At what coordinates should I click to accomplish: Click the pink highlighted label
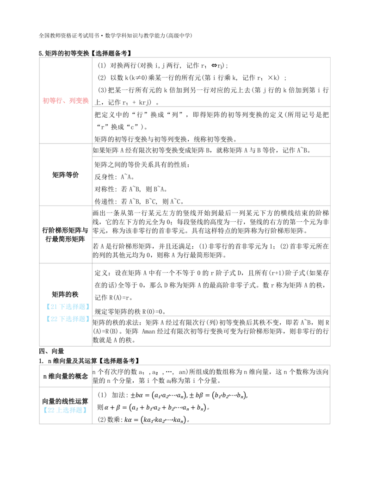click(x=65, y=101)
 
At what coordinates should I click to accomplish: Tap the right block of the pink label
click(x=78, y=101)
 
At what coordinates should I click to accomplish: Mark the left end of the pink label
click(x=43, y=101)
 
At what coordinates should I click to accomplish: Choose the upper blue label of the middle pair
click(x=67, y=306)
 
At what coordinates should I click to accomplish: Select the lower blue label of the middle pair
click(x=67, y=318)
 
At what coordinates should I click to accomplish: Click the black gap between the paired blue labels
click(x=67, y=312)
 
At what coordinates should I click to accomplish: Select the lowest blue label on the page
click(x=65, y=410)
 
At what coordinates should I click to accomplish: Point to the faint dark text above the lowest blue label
click(x=65, y=405)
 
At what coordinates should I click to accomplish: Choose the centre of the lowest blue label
click(x=65, y=410)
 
